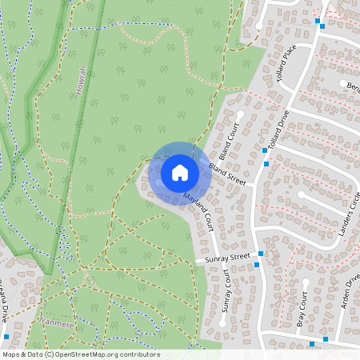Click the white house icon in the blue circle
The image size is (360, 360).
coord(180,172)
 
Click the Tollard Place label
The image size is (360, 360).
coord(287,57)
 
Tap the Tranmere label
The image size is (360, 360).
coord(57,324)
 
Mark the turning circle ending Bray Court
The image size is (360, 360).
coord(306,282)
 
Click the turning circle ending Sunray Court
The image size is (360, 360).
coord(222,324)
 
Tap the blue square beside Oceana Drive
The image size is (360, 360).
coord(6,336)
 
